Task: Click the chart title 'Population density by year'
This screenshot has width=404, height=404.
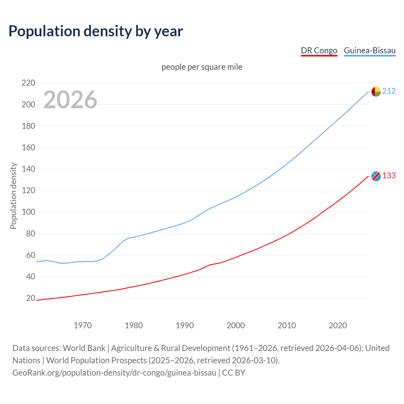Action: coord(96,31)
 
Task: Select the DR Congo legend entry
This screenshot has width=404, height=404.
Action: coord(319,50)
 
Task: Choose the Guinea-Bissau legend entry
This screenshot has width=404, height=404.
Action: coord(370,50)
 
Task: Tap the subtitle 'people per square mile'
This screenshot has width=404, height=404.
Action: coord(202,67)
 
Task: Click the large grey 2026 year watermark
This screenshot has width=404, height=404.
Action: coord(70,100)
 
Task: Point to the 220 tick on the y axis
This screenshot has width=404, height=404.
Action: coord(28,83)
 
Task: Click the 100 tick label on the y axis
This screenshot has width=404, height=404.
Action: coord(28,212)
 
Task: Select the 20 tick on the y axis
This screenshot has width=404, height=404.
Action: coord(30,298)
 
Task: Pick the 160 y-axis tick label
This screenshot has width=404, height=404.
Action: coord(28,147)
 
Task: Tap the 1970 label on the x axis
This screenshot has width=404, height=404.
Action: coord(83,325)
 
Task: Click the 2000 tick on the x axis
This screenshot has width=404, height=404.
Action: coord(235,325)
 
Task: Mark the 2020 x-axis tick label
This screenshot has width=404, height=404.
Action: coord(338,325)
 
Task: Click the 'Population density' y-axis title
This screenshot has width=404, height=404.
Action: coord(13,196)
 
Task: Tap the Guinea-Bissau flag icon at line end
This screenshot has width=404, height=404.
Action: coord(376,92)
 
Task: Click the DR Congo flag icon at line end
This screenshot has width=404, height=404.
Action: coord(376,176)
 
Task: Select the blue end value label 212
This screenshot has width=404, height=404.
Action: coord(389,91)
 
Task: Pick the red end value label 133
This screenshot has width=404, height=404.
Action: coord(389,176)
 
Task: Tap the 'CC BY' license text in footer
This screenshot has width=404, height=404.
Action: coord(234,373)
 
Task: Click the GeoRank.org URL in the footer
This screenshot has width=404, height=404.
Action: coord(114,373)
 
